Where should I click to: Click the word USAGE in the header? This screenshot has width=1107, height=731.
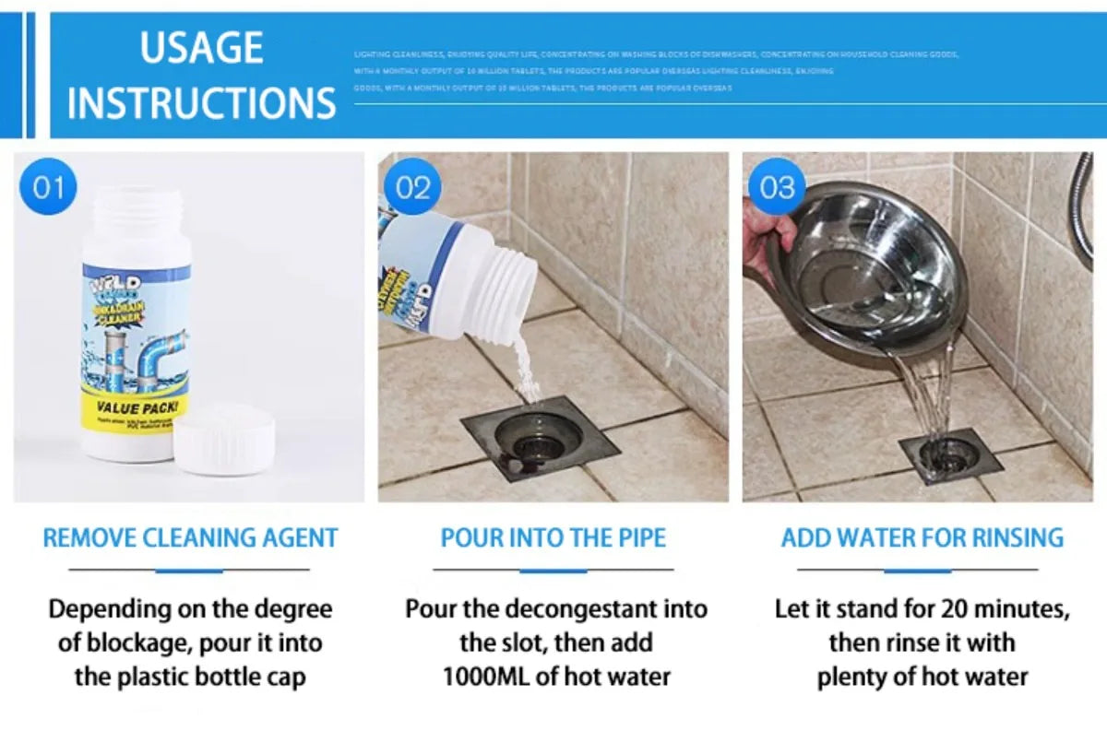(x=201, y=48)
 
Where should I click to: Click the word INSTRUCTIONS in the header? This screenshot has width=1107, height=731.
(x=201, y=101)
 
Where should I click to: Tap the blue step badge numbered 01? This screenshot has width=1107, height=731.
(x=48, y=188)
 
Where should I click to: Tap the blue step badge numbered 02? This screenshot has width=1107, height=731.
(x=412, y=188)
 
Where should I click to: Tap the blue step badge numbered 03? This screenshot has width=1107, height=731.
(x=777, y=188)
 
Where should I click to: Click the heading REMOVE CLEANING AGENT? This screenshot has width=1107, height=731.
(x=190, y=538)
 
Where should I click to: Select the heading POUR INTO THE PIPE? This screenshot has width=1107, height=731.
(x=553, y=538)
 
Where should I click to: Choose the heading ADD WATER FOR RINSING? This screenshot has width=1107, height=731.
(x=922, y=538)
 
